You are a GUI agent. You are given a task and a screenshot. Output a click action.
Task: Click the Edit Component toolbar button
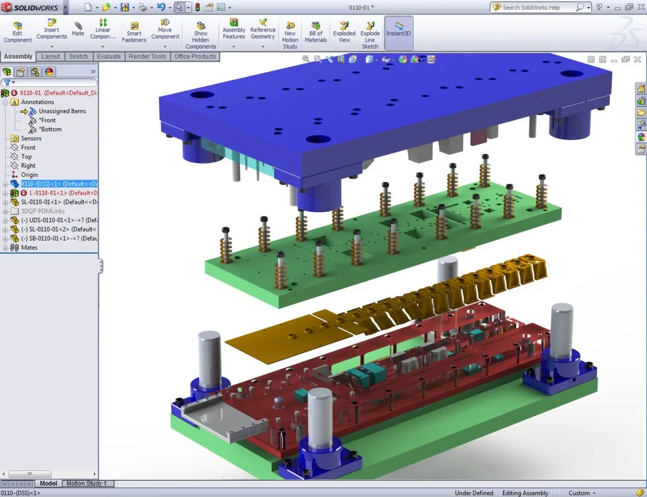click(17, 32)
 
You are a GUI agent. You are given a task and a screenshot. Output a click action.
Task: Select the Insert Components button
click(51, 32)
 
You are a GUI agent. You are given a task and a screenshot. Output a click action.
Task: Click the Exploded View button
click(344, 32)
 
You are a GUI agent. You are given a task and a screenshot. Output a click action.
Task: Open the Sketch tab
click(78, 56)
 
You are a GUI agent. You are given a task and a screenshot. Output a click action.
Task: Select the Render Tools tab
click(147, 56)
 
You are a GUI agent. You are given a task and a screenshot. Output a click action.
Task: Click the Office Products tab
click(195, 56)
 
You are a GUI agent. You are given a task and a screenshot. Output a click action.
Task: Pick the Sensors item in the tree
click(31, 138)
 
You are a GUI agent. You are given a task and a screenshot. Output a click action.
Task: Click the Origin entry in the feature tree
click(29, 175)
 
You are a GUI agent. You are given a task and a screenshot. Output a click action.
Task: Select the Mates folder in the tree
click(29, 248)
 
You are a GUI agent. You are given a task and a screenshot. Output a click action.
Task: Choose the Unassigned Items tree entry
click(62, 111)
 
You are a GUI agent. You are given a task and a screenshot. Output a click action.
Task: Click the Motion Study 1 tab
click(87, 484)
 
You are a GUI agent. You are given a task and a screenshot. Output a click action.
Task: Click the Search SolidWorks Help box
click(537, 8)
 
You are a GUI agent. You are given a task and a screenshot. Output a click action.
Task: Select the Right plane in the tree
click(28, 165)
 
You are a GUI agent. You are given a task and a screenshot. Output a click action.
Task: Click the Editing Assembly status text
click(524, 493)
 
